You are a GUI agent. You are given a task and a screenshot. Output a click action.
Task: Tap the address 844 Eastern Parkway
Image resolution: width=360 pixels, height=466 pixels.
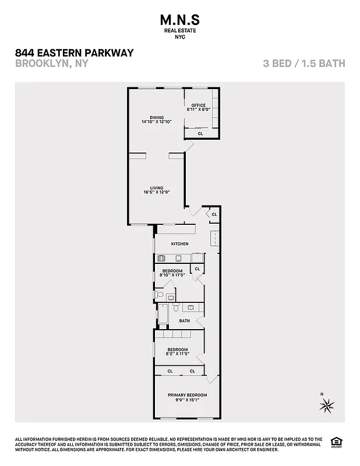point(74,53)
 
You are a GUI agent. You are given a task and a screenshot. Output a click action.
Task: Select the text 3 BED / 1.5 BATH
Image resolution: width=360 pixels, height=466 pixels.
point(303,63)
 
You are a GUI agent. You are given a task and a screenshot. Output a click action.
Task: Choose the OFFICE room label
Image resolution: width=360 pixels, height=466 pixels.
point(199,105)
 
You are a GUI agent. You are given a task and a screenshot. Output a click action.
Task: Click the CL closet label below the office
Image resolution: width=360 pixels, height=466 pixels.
point(200,133)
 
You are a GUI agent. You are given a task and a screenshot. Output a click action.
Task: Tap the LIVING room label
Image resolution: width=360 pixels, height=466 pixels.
point(156,188)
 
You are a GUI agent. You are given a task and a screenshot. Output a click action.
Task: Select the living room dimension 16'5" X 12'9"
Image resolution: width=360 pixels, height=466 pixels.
point(156,192)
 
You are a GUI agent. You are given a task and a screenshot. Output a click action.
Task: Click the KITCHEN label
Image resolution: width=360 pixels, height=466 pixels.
point(179,243)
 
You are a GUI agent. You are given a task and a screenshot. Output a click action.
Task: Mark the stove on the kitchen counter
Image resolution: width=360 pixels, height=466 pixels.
point(163,258)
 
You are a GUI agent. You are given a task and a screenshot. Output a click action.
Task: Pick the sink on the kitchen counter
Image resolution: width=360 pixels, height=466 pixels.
point(179,258)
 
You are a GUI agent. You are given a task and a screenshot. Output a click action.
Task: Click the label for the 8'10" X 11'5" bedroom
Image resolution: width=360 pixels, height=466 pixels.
point(172,271)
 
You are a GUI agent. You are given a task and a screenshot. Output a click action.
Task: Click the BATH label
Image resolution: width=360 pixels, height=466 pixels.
point(184,320)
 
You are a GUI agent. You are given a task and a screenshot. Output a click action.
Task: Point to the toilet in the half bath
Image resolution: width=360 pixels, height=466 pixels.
point(171,298)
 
